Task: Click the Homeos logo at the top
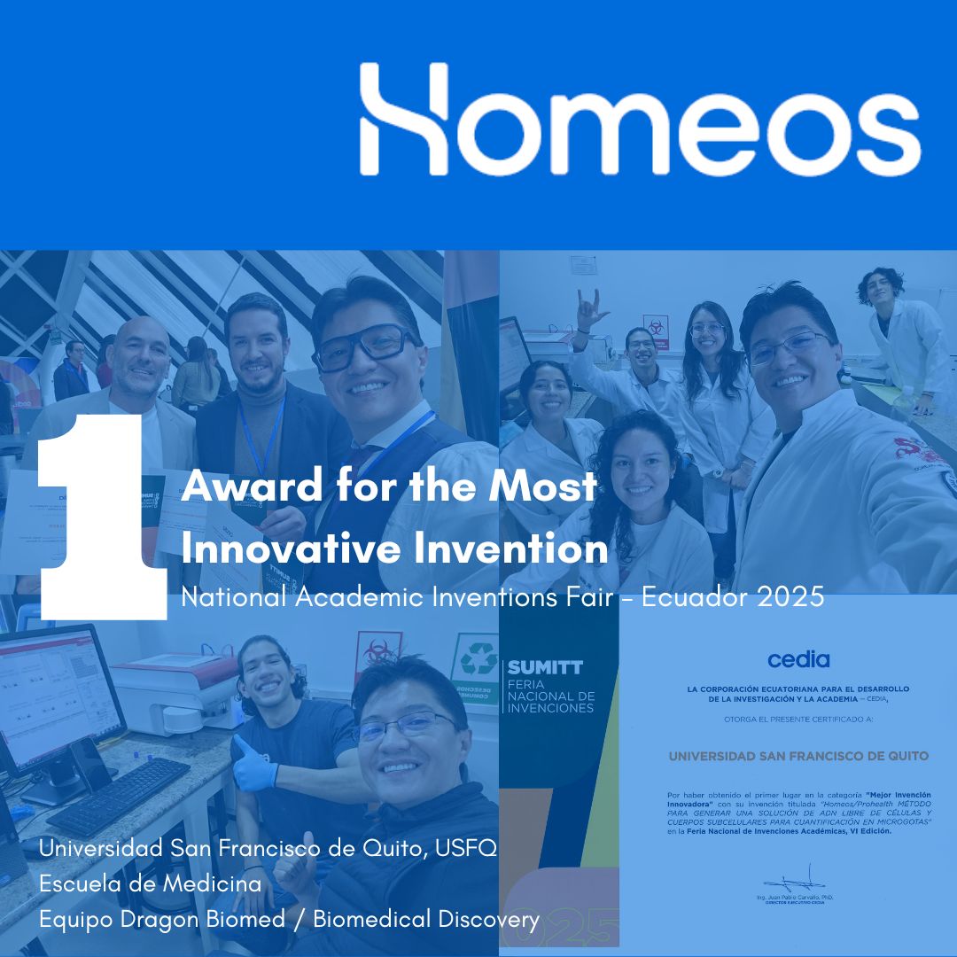[639, 119]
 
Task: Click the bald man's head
[141, 354]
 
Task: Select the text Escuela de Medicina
[150, 884]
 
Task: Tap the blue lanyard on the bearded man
[261, 434]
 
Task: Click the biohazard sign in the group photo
[657, 326]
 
